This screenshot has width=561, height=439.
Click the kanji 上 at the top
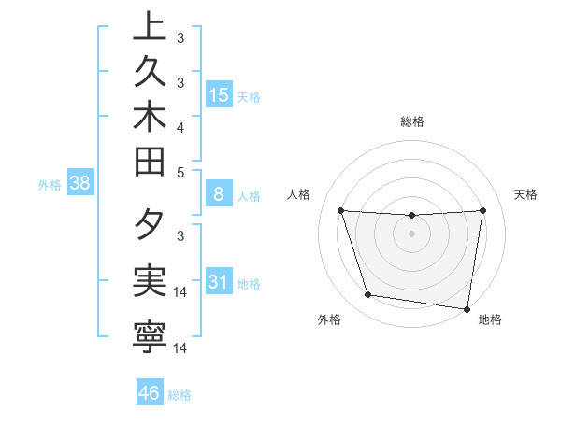(x=150, y=27)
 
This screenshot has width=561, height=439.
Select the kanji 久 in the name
(x=150, y=71)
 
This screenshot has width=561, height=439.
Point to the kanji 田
(x=150, y=164)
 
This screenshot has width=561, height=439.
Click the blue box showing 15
(x=219, y=94)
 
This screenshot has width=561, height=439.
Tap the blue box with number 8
(x=219, y=195)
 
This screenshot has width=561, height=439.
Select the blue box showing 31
(x=219, y=282)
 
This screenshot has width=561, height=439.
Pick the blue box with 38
(x=80, y=184)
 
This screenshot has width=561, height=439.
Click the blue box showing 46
(x=150, y=393)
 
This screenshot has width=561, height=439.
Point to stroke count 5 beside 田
(x=180, y=172)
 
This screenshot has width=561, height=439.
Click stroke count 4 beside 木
(x=180, y=126)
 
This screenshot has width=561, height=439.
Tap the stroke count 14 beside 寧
(x=180, y=347)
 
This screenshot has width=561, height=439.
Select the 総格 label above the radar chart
(x=411, y=121)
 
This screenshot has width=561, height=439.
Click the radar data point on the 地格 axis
(x=468, y=307)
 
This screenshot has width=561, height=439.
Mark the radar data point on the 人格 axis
(x=340, y=210)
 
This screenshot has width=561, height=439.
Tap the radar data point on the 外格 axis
(x=367, y=295)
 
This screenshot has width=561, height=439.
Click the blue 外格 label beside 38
(x=50, y=185)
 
